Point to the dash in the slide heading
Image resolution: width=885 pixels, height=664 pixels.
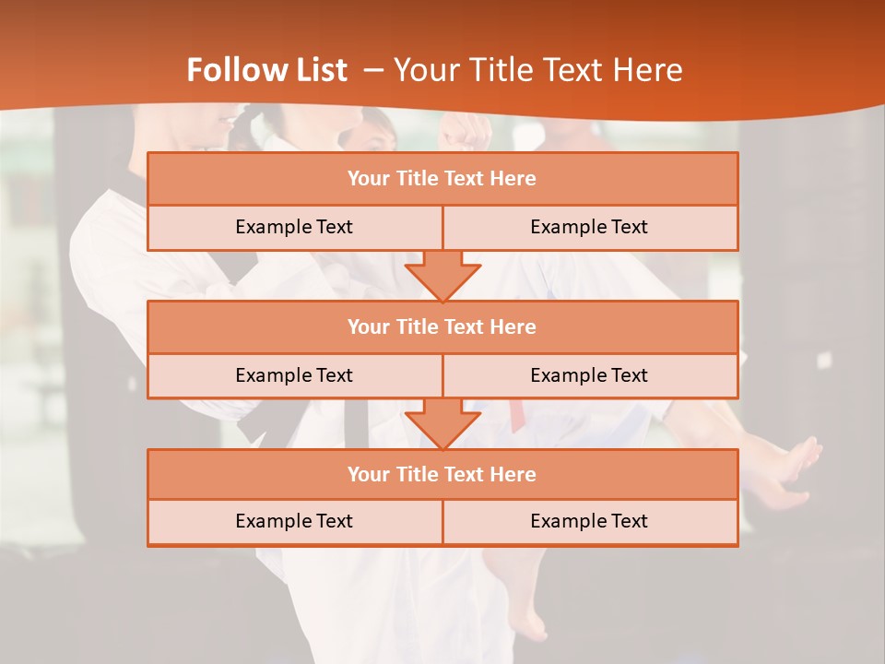pyautogui.click(x=372, y=70)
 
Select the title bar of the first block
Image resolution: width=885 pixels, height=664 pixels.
pyautogui.click(x=442, y=179)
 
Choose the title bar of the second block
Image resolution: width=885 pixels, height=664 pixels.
pyautogui.click(x=442, y=327)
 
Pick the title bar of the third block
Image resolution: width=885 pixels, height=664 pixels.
pyautogui.click(x=442, y=475)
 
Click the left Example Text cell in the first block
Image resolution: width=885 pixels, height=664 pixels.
pyautogui.click(x=294, y=228)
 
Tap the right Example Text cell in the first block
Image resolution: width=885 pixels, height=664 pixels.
pyautogui.click(x=590, y=228)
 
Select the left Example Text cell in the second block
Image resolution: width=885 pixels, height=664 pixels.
pyautogui.click(x=294, y=376)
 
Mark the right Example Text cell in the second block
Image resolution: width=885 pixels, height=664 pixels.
pyautogui.click(x=590, y=376)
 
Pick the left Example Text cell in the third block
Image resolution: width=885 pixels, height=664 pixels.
pyautogui.click(x=294, y=522)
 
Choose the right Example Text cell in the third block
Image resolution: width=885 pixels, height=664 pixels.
pyautogui.click(x=590, y=522)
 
